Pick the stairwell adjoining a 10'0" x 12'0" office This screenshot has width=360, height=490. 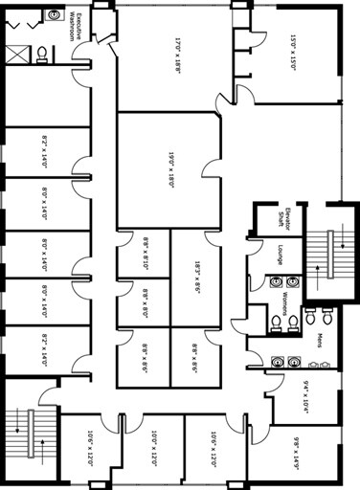32,435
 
